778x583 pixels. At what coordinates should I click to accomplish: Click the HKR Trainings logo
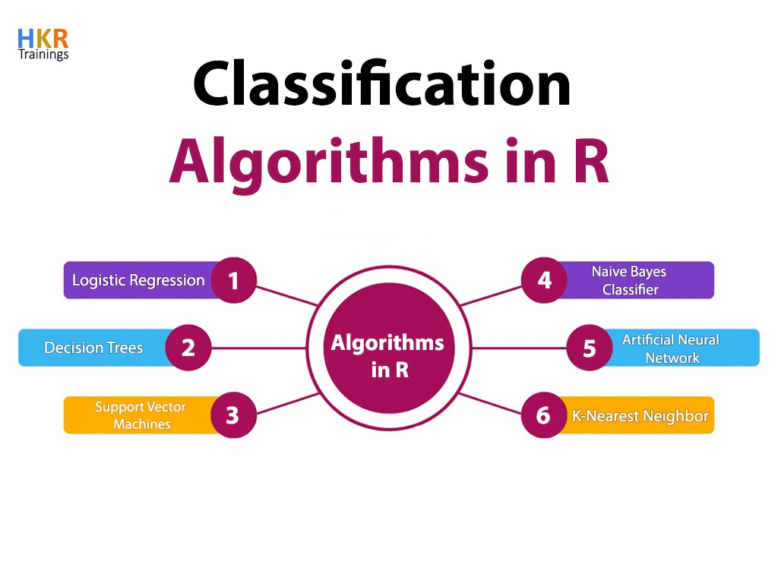coord(43,44)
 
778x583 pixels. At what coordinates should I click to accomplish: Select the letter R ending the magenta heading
coord(590,162)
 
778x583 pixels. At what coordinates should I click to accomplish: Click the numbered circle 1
coord(233,281)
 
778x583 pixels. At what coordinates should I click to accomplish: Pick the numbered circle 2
coord(188,348)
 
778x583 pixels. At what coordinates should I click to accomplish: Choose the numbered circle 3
coord(233,415)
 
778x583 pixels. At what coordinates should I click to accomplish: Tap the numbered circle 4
coord(544,281)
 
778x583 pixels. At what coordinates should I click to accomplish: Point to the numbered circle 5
coord(590,348)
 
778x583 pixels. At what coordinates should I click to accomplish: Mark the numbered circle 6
coord(544,415)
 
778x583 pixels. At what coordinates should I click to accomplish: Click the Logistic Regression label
coord(138,280)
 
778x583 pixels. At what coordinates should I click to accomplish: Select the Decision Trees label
coord(93,348)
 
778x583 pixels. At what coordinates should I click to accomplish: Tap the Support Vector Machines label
coord(141,415)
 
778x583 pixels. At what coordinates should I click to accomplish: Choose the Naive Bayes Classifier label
coord(630,280)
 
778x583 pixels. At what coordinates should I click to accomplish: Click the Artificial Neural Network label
coord(671,348)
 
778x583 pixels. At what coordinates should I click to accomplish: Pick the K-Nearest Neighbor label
coord(640,415)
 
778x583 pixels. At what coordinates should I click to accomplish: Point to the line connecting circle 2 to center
coord(258,348)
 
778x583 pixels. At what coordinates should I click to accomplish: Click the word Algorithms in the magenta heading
coord(330,162)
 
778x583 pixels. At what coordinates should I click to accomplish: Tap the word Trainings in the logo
coord(43,55)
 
